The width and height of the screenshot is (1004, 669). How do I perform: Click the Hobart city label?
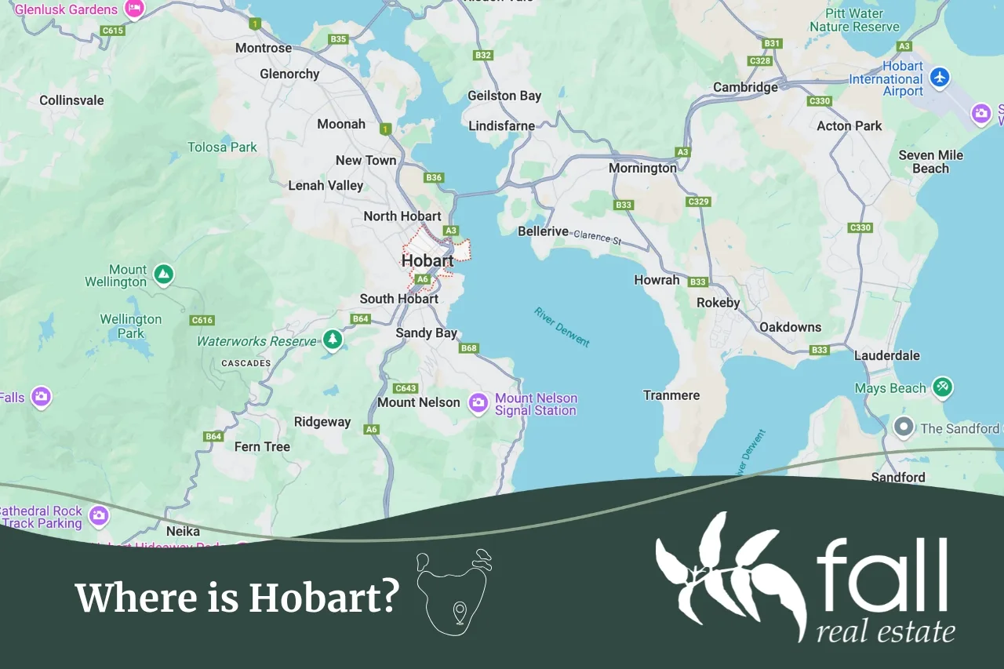point(427,260)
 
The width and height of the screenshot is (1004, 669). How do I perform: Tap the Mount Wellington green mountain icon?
point(163,275)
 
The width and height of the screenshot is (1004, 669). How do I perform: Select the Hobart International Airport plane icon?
point(939,78)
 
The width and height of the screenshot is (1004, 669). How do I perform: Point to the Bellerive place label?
point(543,231)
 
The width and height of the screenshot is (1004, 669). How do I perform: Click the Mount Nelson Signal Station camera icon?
point(478,403)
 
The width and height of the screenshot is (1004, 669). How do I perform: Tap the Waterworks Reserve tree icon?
point(333,340)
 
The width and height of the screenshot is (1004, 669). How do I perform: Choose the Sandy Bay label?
point(426,333)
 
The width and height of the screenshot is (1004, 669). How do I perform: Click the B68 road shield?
point(469,348)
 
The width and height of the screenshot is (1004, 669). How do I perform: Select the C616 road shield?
point(202,320)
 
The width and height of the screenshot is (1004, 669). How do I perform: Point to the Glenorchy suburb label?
point(289,74)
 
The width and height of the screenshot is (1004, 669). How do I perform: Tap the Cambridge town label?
point(745,87)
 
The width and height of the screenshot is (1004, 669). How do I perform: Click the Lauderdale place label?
point(886,355)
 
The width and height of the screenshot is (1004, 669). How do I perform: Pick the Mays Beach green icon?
point(943,386)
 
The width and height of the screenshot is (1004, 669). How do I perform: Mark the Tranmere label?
point(671,395)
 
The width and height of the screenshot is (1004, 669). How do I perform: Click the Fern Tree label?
point(262,447)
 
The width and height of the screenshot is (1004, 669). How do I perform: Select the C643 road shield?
point(406,388)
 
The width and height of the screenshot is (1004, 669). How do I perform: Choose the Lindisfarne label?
point(501,125)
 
